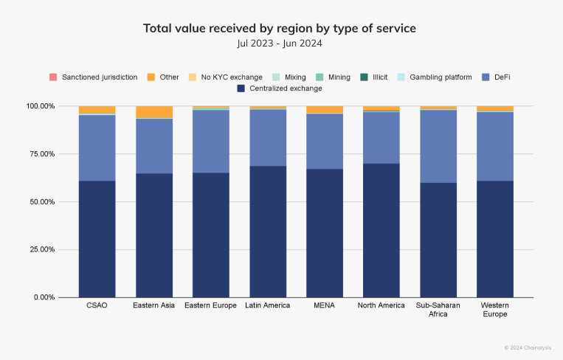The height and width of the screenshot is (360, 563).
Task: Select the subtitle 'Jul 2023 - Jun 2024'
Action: click(x=280, y=44)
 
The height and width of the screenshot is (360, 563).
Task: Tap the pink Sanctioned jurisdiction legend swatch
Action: click(x=53, y=77)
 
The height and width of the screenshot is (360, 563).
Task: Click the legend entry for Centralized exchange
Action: click(x=280, y=89)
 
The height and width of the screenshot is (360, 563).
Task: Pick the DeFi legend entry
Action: click(x=496, y=77)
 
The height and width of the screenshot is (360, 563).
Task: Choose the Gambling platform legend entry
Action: click(x=435, y=77)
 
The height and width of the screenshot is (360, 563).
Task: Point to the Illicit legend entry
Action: click(x=374, y=77)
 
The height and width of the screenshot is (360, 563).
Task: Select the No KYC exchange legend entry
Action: click(x=226, y=77)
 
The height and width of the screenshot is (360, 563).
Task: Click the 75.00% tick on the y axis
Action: click(x=42, y=154)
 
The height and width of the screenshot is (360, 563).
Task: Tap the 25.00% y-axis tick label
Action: click(x=42, y=249)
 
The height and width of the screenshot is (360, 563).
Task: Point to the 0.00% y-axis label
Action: click(x=44, y=297)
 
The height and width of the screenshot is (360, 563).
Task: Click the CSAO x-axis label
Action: click(x=97, y=305)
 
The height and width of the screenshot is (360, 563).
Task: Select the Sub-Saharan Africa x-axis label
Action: click(x=438, y=310)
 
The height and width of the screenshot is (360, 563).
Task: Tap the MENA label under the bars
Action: click(x=324, y=305)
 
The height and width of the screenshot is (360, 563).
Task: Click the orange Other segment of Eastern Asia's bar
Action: click(x=154, y=112)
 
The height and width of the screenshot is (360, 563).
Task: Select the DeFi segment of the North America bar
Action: click(x=381, y=138)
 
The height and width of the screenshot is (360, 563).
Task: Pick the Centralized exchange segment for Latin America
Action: click(x=268, y=232)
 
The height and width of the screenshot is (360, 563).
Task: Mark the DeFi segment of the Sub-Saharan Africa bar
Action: click(x=438, y=147)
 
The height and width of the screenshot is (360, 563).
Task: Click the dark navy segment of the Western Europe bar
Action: click(x=495, y=239)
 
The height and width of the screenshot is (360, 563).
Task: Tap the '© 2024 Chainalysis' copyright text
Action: click(x=528, y=347)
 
